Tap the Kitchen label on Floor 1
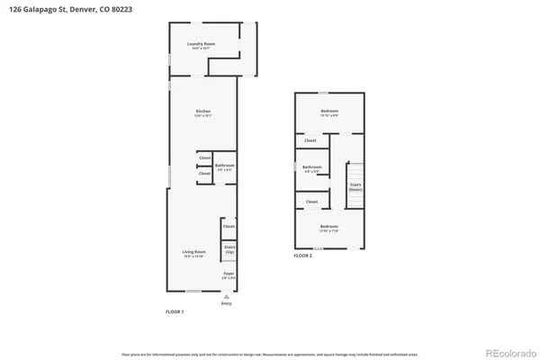point(203,112)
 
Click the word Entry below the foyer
point(226,303)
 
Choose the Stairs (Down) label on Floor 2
point(355,186)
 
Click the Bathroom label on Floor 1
point(225,166)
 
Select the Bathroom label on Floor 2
point(312,168)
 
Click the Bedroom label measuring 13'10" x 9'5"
point(328,112)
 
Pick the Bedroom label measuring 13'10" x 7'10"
point(328,227)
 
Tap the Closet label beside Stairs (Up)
point(229,227)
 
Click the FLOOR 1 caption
point(174,311)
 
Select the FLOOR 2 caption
point(302,256)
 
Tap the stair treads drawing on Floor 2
point(355,171)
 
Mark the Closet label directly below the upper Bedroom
point(310,141)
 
